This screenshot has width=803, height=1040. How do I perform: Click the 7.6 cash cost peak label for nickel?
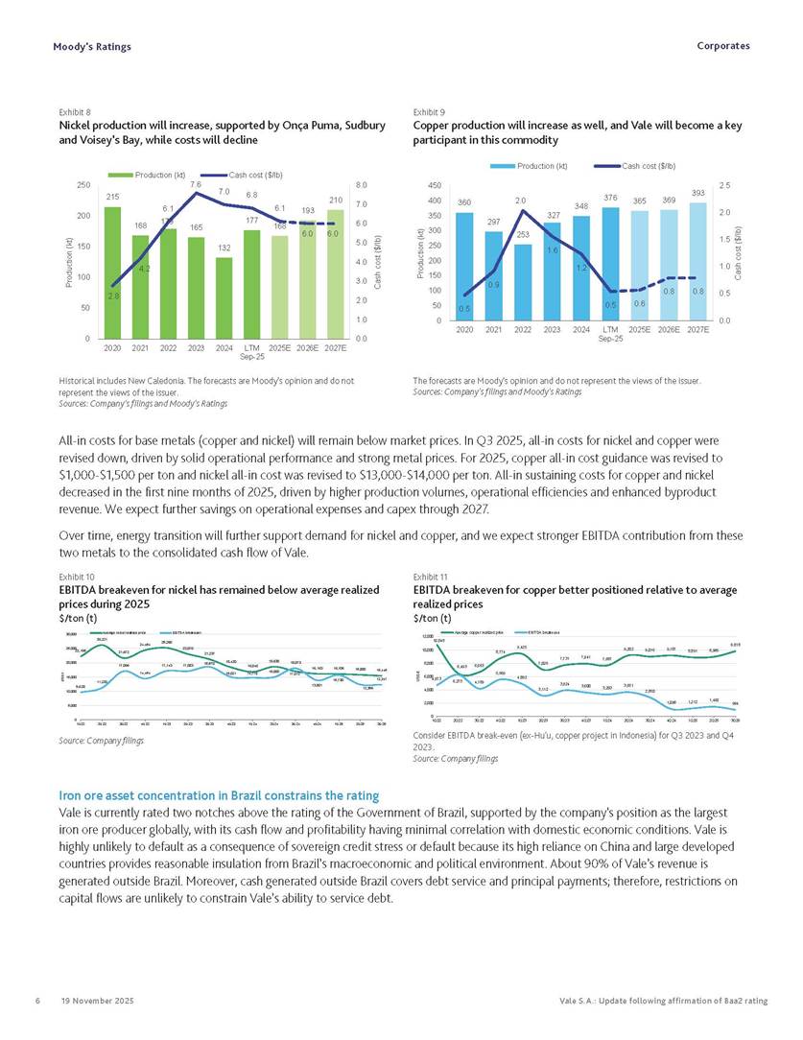coord(196,184)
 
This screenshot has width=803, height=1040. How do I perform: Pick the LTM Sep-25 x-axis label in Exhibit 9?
coord(609,333)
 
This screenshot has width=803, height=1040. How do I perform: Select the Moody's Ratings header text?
coord(92,46)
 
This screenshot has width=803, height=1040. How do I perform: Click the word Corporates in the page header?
coord(724,46)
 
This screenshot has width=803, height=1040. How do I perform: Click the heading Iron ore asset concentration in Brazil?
coord(219,796)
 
